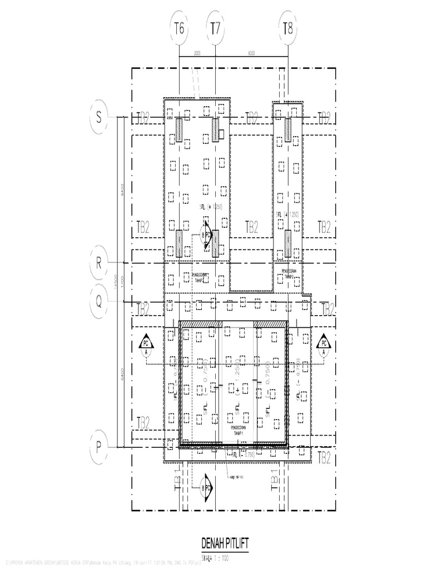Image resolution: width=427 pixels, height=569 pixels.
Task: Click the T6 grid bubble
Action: point(178,28)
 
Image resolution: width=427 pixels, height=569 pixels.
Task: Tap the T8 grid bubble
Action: point(287,28)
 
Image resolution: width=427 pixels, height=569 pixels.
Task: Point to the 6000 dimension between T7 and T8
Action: point(251,54)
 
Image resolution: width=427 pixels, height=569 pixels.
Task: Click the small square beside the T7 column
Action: point(221,134)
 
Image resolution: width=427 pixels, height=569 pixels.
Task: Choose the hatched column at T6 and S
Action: point(179,131)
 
